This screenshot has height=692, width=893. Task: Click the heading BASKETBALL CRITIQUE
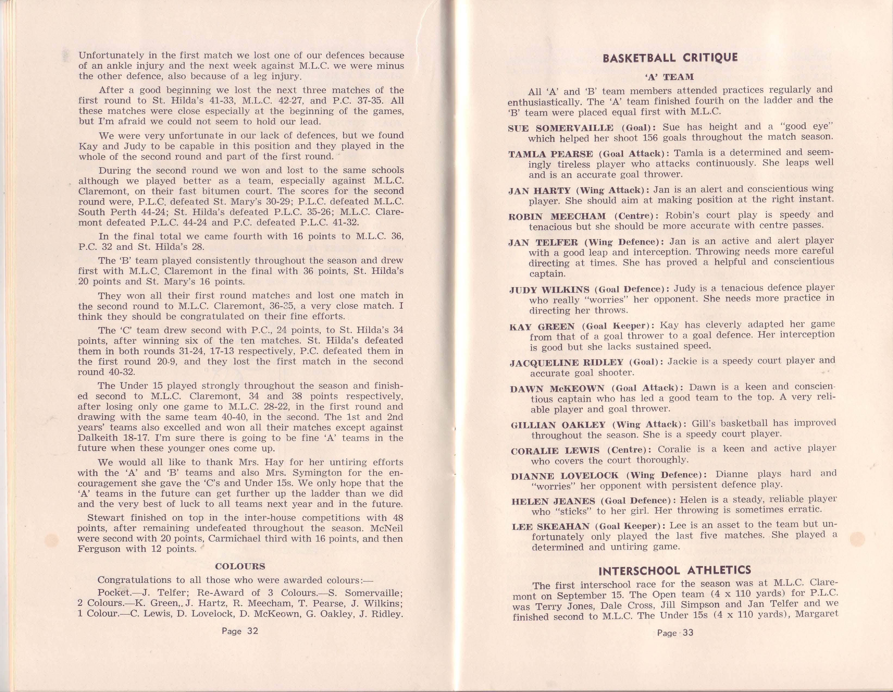click(x=670, y=58)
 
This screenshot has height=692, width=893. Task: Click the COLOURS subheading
click(x=240, y=567)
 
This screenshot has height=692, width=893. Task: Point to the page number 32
click(x=240, y=631)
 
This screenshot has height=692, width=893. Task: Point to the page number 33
click(x=675, y=633)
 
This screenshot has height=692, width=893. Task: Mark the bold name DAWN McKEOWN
click(x=557, y=388)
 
